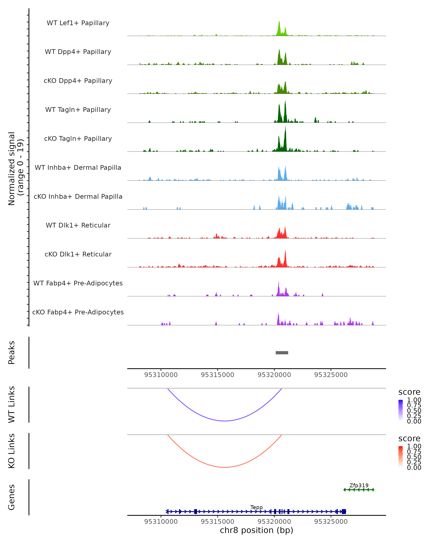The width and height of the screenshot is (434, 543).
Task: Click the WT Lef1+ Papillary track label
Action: tap(78, 23)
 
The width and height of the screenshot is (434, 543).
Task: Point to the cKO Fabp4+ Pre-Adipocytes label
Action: tap(78, 312)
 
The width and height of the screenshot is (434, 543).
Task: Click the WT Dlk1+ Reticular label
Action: tap(78, 225)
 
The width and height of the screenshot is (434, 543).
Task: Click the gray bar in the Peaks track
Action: tap(282, 353)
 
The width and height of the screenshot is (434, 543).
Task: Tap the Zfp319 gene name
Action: tap(359, 485)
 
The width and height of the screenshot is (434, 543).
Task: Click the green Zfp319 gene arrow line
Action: tap(359, 490)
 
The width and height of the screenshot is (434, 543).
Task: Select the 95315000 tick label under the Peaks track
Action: tap(217, 375)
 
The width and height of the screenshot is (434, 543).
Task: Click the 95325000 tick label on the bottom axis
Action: tap(331, 522)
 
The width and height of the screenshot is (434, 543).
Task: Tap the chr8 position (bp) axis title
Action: tap(256, 530)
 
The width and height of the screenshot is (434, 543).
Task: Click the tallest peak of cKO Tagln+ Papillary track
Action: tap(285, 127)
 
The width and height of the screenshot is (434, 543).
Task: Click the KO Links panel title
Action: tap(11, 451)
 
